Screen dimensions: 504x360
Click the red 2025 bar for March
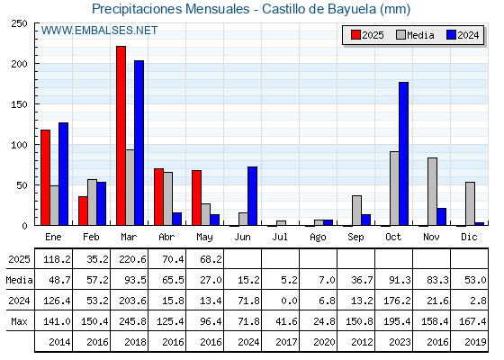(121, 136)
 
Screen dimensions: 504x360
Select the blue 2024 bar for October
(404, 154)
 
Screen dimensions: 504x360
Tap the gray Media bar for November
(432, 192)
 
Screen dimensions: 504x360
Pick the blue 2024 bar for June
(252, 196)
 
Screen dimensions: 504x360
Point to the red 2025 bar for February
(83, 211)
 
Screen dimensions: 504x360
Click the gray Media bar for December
(470, 203)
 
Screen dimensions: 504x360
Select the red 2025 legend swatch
(355, 35)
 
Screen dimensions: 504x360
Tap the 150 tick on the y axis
(19, 104)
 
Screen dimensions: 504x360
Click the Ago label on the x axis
(318, 238)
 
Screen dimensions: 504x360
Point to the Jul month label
(280, 237)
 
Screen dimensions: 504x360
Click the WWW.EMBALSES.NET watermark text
(99, 31)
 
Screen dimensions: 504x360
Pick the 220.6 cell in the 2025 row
(132, 259)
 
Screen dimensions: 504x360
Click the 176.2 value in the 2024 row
(397, 301)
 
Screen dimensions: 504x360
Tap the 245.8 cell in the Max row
(132, 321)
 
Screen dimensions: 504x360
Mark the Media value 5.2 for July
(289, 280)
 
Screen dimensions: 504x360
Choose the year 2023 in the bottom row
(400, 342)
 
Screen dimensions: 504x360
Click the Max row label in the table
(19, 321)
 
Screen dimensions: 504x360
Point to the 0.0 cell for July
(289, 301)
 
